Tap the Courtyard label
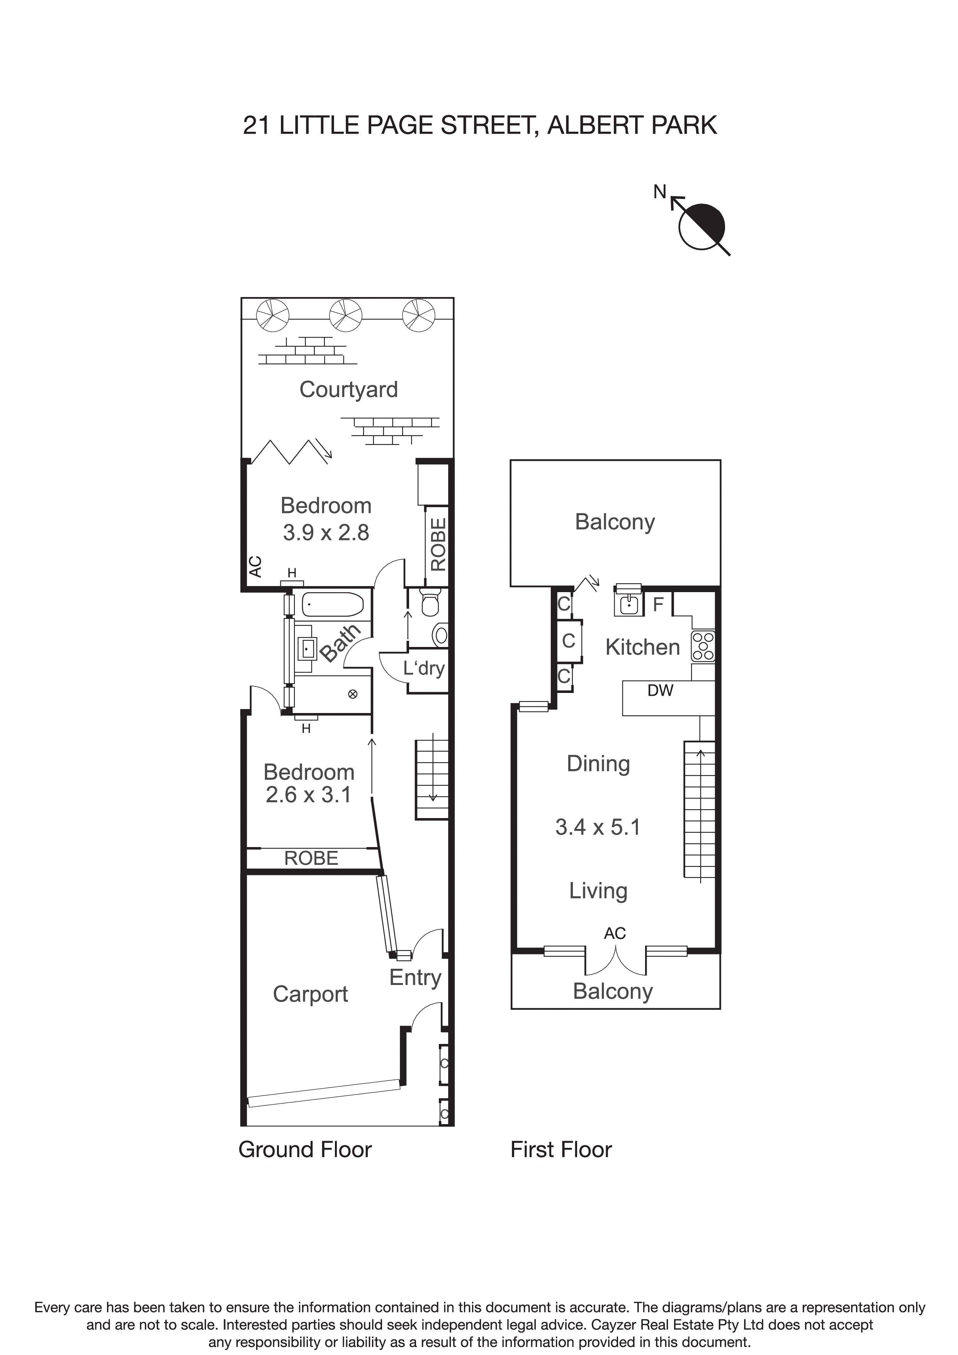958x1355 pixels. click(348, 389)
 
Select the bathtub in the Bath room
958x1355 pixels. click(332, 604)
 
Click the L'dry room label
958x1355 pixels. click(423, 668)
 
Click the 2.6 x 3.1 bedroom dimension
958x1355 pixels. click(308, 795)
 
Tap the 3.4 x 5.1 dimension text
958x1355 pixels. click(597, 827)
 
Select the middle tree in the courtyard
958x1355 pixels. click(345, 314)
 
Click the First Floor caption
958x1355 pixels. click(561, 1150)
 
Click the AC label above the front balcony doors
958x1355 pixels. click(615, 933)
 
